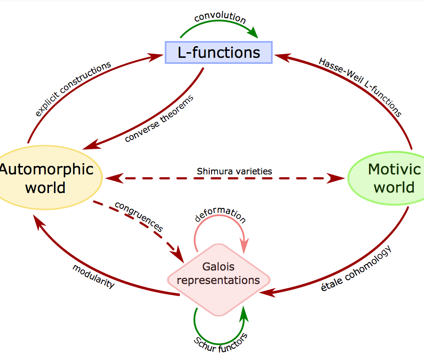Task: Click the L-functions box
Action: pyautogui.click(x=219, y=52)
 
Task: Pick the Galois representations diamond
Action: pyautogui.click(x=219, y=274)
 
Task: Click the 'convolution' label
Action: pyautogui.click(x=220, y=18)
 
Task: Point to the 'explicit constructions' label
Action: pyautogui.click(x=73, y=88)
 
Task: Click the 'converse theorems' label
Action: pyautogui.click(x=159, y=118)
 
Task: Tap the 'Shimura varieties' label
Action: pyautogui.click(x=234, y=171)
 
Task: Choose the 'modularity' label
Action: pyautogui.click(x=93, y=276)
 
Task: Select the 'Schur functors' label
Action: pyautogui.click(x=220, y=344)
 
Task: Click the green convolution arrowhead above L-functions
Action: pyautogui.click(x=253, y=33)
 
